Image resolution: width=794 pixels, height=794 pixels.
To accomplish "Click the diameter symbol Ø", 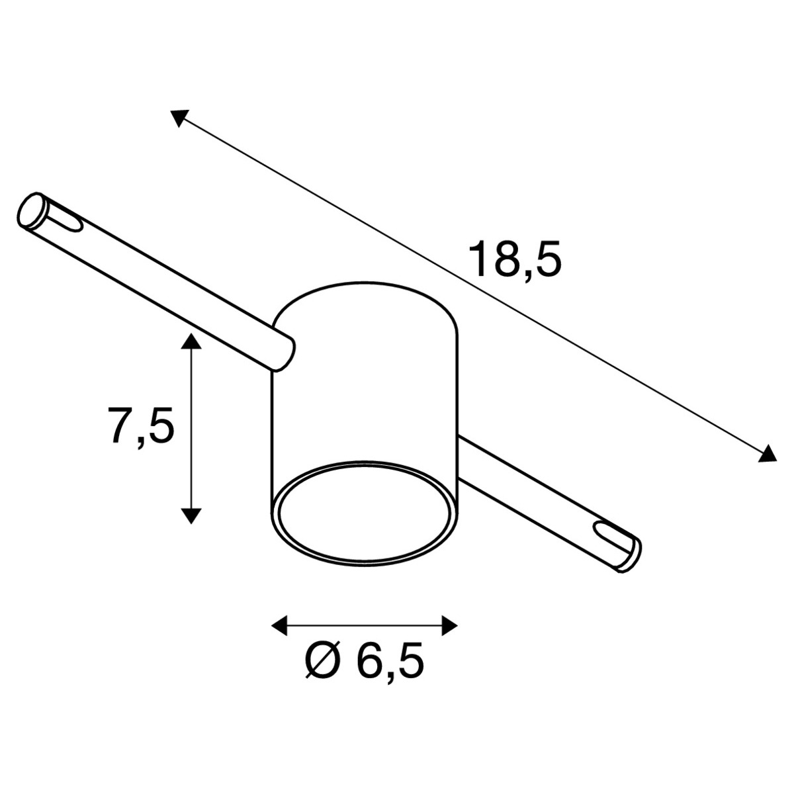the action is coord(323,666).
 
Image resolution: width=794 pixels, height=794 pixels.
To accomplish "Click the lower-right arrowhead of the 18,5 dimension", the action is coord(767,455).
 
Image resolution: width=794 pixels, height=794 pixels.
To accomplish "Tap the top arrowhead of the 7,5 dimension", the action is coord(191,341).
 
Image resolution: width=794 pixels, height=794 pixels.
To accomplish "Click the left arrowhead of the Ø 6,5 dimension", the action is coord(279,625).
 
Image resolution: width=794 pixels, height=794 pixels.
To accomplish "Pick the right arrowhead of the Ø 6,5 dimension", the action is coord(449,625).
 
